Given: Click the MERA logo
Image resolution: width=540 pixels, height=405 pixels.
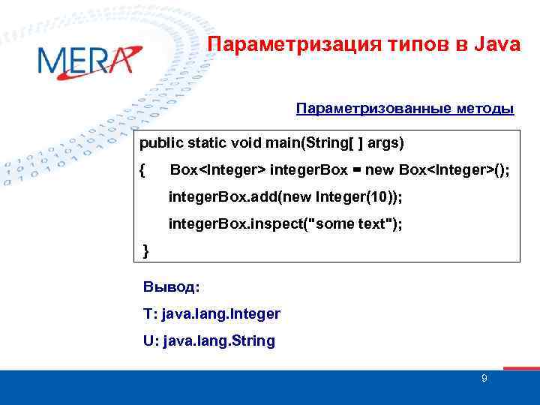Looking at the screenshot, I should click(x=87, y=60).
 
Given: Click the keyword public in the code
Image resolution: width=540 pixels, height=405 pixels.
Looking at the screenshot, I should click(x=160, y=142).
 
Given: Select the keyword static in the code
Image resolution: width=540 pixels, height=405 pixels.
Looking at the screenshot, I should click(x=207, y=142).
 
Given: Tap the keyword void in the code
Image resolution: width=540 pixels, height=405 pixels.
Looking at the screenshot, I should click(x=247, y=142).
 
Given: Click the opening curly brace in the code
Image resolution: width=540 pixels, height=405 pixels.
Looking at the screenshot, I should click(x=143, y=169).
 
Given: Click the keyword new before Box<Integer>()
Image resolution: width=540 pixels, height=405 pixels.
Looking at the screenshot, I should click(x=379, y=169).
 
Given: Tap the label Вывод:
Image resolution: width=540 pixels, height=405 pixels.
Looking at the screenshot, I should click(x=171, y=286).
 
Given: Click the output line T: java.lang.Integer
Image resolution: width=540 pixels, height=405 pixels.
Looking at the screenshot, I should click(x=211, y=313).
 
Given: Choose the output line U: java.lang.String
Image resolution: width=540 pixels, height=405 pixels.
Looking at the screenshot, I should click(x=208, y=340).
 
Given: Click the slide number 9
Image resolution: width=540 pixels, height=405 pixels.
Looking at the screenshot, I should click(x=484, y=379).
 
